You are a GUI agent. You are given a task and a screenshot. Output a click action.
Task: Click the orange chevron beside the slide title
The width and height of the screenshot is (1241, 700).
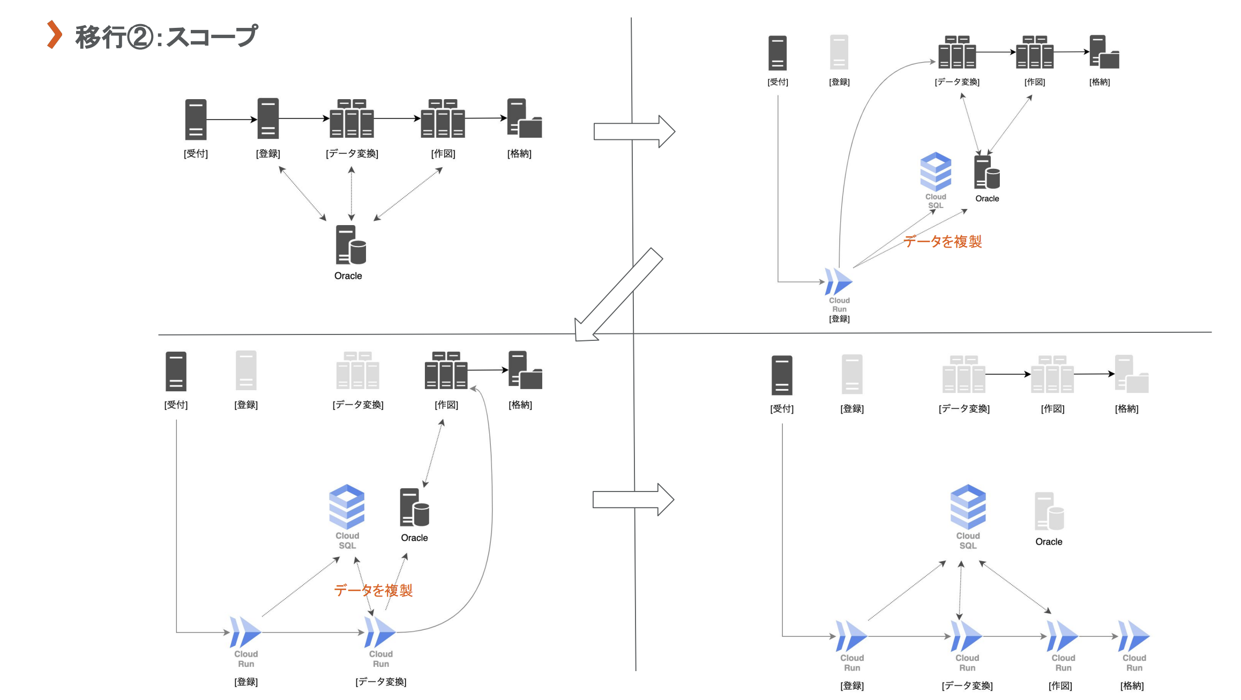pyautogui.click(x=54, y=35)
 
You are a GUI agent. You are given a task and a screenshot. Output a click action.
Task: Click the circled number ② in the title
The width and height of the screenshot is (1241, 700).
pyautogui.click(x=140, y=38)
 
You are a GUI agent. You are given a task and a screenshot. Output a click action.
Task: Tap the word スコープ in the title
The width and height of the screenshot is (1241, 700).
pyautogui.click(x=212, y=36)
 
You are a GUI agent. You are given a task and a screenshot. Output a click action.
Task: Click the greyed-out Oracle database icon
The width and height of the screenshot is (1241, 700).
pyautogui.click(x=1049, y=511)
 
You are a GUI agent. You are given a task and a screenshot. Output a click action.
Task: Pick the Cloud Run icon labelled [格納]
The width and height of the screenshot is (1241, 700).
pyautogui.click(x=1134, y=636)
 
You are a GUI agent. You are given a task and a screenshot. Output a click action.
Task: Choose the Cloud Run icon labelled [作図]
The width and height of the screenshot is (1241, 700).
pyautogui.click(x=1063, y=636)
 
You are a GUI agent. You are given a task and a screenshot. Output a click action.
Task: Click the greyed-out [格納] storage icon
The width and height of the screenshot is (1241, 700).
pyautogui.click(x=1131, y=374)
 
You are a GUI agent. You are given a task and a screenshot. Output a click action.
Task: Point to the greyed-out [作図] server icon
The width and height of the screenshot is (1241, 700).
pyautogui.click(x=1052, y=374)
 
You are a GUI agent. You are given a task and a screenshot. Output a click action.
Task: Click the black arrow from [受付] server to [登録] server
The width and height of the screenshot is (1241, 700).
pyautogui.click(x=231, y=119)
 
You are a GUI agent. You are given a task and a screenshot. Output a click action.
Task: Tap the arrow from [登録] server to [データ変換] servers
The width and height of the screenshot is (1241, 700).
pyautogui.click(x=303, y=118)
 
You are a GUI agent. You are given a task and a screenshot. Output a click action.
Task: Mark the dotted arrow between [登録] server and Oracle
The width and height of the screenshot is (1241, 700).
pyautogui.click(x=302, y=193)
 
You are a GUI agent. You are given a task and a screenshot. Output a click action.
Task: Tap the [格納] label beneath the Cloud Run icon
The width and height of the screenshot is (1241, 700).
pyautogui.click(x=1132, y=686)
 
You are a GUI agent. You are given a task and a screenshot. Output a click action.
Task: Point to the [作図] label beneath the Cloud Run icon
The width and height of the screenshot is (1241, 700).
pyautogui.click(x=1060, y=686)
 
